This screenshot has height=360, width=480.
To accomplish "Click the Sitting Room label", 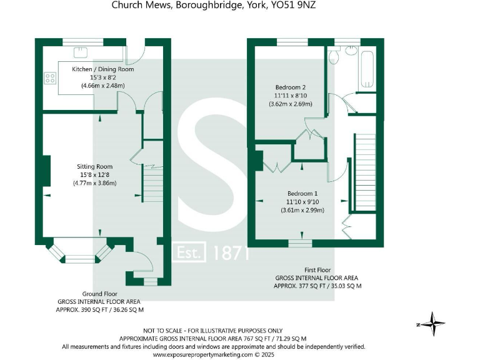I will [94, 166].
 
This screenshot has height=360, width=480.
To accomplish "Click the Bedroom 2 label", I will [290, 87].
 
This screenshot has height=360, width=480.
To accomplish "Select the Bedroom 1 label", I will [302, 193].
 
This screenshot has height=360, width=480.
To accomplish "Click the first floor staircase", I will [363, 172].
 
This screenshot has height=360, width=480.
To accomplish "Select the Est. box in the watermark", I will [189, 253].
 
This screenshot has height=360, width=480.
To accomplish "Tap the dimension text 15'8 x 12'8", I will [94, 174].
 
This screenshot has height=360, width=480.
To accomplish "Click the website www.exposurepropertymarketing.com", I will [209, 354].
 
